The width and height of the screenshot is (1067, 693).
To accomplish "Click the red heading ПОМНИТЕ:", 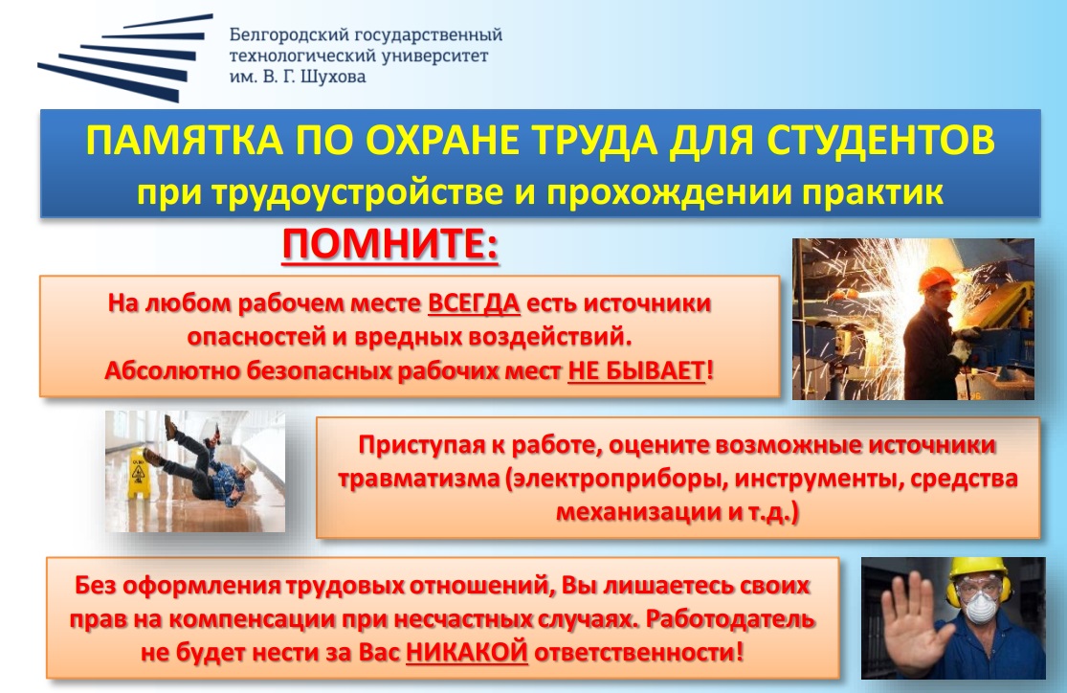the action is (389, 244).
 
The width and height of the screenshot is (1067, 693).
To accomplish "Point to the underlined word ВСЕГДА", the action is (474, 302).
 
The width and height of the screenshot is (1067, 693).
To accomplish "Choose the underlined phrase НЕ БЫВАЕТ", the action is (636, 371).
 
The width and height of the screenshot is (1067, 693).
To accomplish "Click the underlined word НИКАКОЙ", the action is (467, 652).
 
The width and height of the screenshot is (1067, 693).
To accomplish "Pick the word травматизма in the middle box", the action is (418, 479).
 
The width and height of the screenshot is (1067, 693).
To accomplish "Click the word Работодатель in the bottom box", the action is (730, 619).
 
